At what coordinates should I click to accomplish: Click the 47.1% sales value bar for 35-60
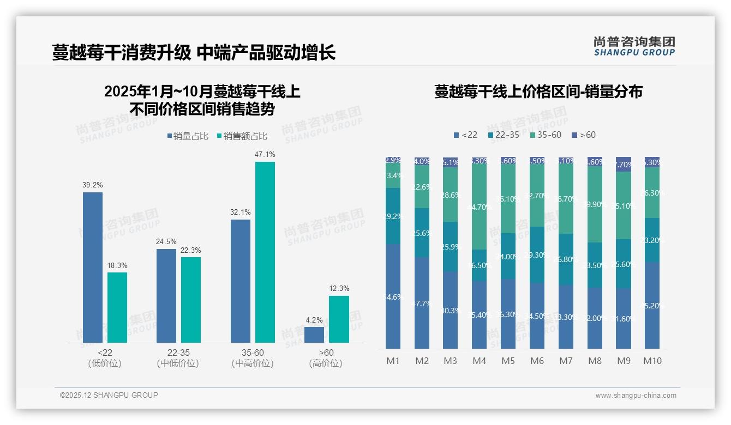click(265, 252)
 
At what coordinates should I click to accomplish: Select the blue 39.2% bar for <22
click(93, 267)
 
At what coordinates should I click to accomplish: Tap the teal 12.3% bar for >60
click(339, 319)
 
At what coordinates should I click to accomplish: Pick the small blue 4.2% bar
click(314, 335)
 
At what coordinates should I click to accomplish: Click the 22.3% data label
click(191, 251)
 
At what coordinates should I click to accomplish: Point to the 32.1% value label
click(241, 212)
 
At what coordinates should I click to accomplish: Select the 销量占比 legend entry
click(188, 136)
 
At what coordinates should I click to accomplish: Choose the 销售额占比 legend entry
click(242, 136)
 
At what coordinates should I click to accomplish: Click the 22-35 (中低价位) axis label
click(178, 358)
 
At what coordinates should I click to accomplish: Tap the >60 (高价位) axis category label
click(326, 358)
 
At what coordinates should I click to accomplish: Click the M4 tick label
click(479, 361)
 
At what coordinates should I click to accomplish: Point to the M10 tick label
click(652, 361)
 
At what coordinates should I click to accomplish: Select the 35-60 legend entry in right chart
click(546, 135)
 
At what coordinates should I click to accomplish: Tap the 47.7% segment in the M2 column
click(422, 303)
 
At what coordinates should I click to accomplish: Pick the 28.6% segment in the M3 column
click(451, 195)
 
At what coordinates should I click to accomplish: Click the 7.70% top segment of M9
click(624, 164)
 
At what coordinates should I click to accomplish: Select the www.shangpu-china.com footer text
click(636, 396)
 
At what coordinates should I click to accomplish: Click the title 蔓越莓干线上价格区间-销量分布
click(538, 92)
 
